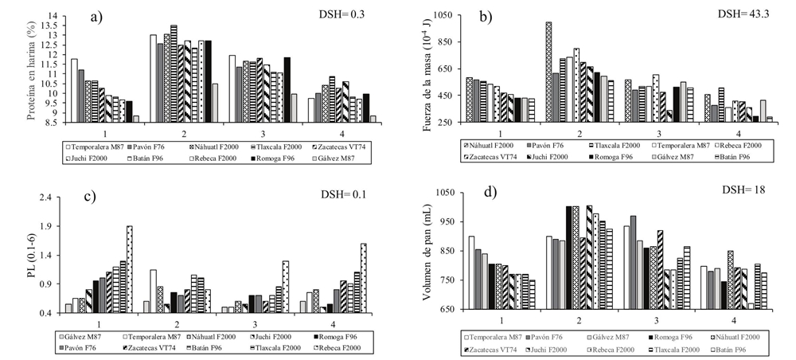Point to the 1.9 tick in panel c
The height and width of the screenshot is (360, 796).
[47, 225]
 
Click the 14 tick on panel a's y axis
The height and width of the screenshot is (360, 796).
[53, 16]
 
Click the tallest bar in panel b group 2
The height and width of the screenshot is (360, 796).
[548, 72]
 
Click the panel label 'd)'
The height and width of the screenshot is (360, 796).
[487, 194]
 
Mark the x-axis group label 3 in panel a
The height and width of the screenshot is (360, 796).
[253, 135]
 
